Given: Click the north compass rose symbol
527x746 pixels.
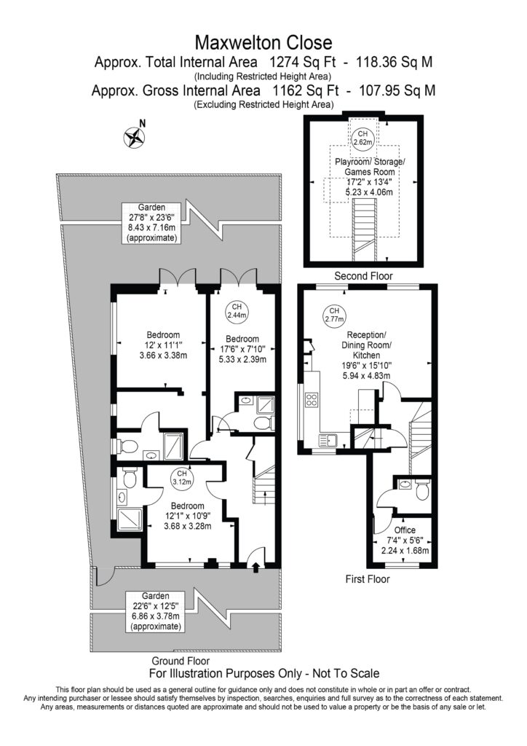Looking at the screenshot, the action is pyautogui.click(x=135, y=138).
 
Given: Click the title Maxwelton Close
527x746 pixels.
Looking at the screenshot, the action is pyautogui.click(x=263, y=43).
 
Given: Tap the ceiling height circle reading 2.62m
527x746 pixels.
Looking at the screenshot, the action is pyautogui.click(x=362, y=138).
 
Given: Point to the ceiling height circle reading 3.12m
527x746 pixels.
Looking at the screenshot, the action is pyautogui.click(x=181, y=478).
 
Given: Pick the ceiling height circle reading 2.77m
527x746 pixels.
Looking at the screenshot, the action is pyautogui.click(x=334, y=315).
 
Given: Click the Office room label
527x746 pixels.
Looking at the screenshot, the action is pyautogui.click(x=405, y=530).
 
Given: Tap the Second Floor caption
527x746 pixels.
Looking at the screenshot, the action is pyautogui.click(x=363, y=276).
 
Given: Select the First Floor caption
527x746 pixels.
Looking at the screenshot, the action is pyautogui.click(x=368, y=579).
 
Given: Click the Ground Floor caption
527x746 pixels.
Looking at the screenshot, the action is pyautogui.click(x=181, y=661).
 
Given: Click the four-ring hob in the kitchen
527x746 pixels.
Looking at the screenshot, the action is pyautogui.click(x=312, y=400).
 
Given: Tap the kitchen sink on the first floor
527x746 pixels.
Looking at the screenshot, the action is pyautogui.click(x=328, y=441).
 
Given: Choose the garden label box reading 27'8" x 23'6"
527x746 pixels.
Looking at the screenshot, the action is pyautogui.click(x=151, y=223).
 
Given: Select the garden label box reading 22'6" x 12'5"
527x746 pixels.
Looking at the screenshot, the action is pyautogui.click(x=155, y=611).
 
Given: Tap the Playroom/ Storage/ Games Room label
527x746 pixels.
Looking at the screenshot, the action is pyautogui.click(x=370, y=167).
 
